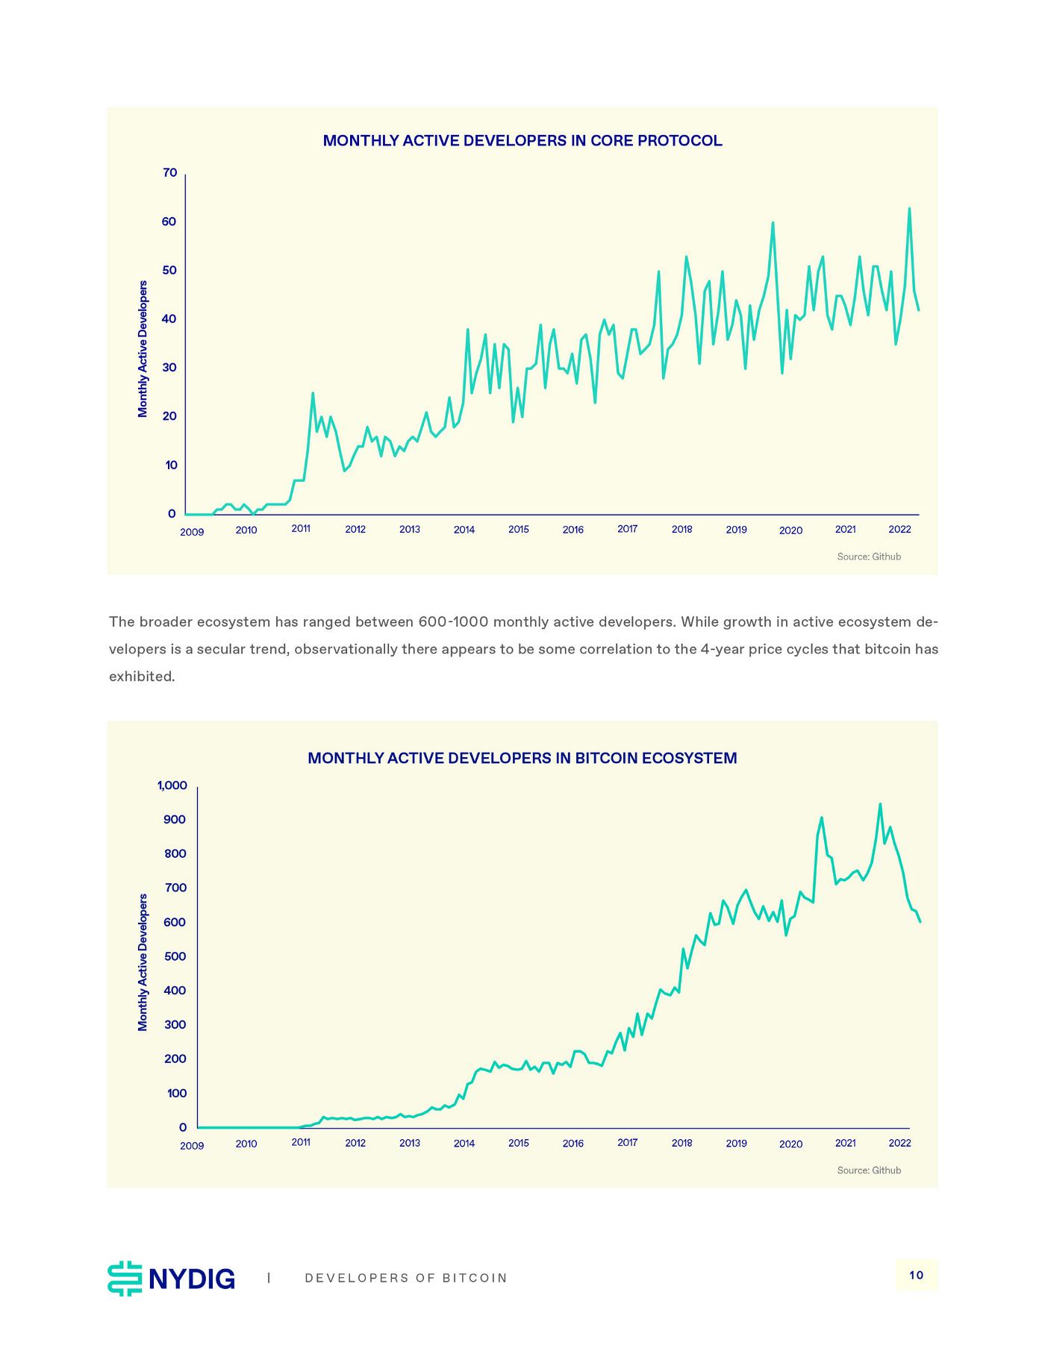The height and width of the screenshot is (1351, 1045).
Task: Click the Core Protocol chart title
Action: (x=522, y=141)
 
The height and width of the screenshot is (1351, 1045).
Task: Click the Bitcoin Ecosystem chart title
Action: (x=522, y=759)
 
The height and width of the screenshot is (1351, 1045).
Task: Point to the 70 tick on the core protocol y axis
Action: (x=169, y=173)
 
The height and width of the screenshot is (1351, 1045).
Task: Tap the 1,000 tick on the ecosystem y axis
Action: (x=172, y=786)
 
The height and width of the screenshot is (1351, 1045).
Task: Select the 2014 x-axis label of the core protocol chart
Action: (x=464, y=530)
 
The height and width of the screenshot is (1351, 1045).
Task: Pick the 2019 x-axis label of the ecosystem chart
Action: (x=736, y=1144)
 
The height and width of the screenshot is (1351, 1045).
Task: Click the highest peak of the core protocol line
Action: (x=909, y=209)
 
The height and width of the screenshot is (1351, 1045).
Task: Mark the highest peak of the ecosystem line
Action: (x=880, y=804)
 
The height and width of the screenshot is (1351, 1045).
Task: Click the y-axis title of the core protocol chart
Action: (x=143, y=348)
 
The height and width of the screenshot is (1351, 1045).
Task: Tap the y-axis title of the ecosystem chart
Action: (x=143, y=962)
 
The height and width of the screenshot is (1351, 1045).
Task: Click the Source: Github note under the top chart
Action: (x=869, y=557)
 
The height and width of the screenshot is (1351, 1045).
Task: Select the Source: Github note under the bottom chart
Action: (x=869, y=1170)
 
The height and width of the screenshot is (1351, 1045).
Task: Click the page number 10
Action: (x=917, y=1275)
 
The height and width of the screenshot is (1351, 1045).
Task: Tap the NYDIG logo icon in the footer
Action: (x=125, y=1279)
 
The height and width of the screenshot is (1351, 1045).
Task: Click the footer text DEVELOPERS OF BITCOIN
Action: (x=406, y=1278)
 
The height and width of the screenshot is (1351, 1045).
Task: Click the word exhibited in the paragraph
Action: (x=142, y=677)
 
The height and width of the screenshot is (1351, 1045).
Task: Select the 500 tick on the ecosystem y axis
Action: (x=175, y=957)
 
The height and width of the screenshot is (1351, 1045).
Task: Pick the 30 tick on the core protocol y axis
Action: (x=169, y=368)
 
